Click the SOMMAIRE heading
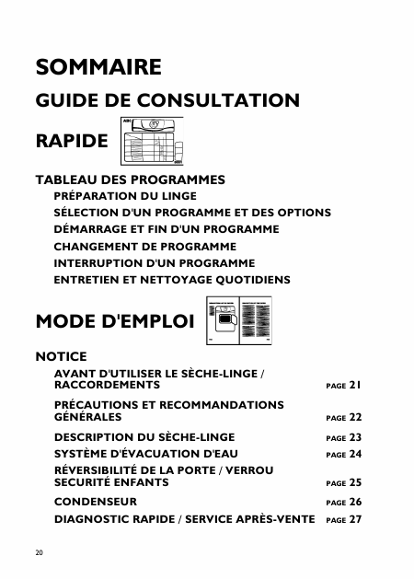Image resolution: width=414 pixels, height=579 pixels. (98, 67)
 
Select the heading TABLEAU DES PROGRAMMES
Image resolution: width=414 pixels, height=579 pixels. (130, 179)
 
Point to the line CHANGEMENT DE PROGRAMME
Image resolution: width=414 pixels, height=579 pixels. (145, 247)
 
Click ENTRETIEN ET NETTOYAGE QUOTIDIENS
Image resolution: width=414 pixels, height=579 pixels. (172, 280)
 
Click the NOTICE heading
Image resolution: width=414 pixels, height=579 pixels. (61, 355)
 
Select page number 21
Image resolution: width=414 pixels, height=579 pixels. (355, 385)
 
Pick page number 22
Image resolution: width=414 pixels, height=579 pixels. (355, 417)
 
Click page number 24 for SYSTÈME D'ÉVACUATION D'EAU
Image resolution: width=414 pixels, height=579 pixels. (355, 454)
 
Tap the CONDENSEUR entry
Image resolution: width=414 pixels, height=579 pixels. (96, 502)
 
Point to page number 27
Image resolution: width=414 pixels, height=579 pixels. (355, 519)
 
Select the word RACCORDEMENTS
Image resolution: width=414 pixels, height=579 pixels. (108, 385)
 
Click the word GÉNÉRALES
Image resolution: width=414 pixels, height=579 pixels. (88, 417)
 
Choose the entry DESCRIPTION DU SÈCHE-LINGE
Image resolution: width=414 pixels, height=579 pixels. (144, 437)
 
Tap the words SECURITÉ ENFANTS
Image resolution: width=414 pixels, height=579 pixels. (111, 481)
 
